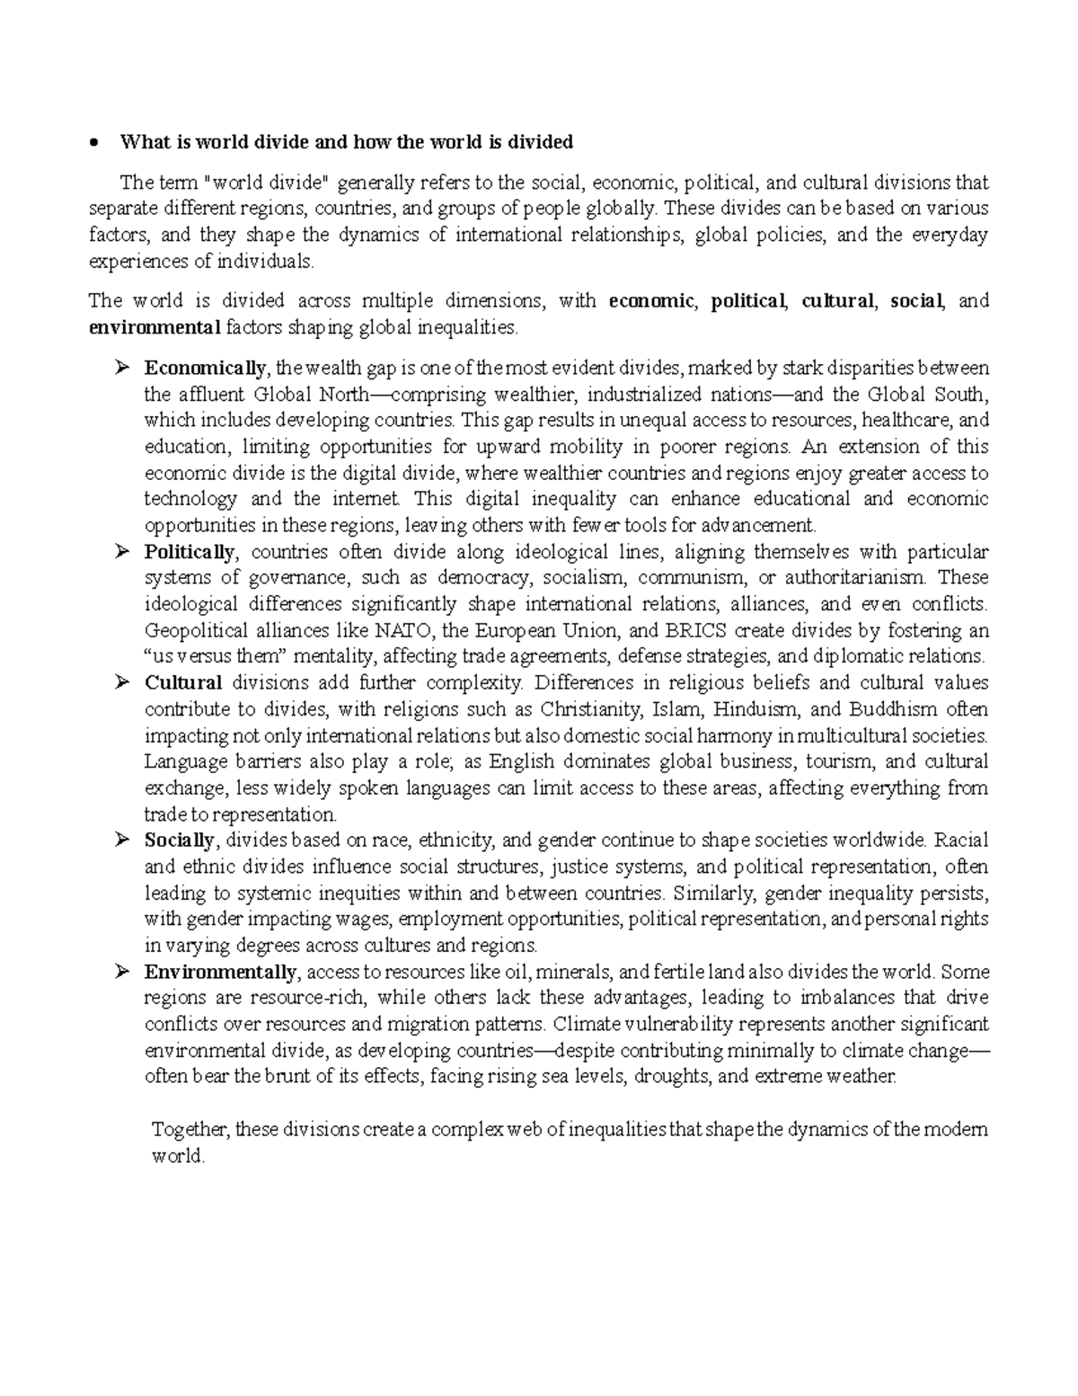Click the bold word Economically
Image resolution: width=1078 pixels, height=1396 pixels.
[x=205, y=368]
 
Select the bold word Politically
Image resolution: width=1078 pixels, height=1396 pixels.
[x=190, y=551]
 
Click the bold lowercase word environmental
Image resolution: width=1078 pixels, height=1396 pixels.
[x=155, y=327]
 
